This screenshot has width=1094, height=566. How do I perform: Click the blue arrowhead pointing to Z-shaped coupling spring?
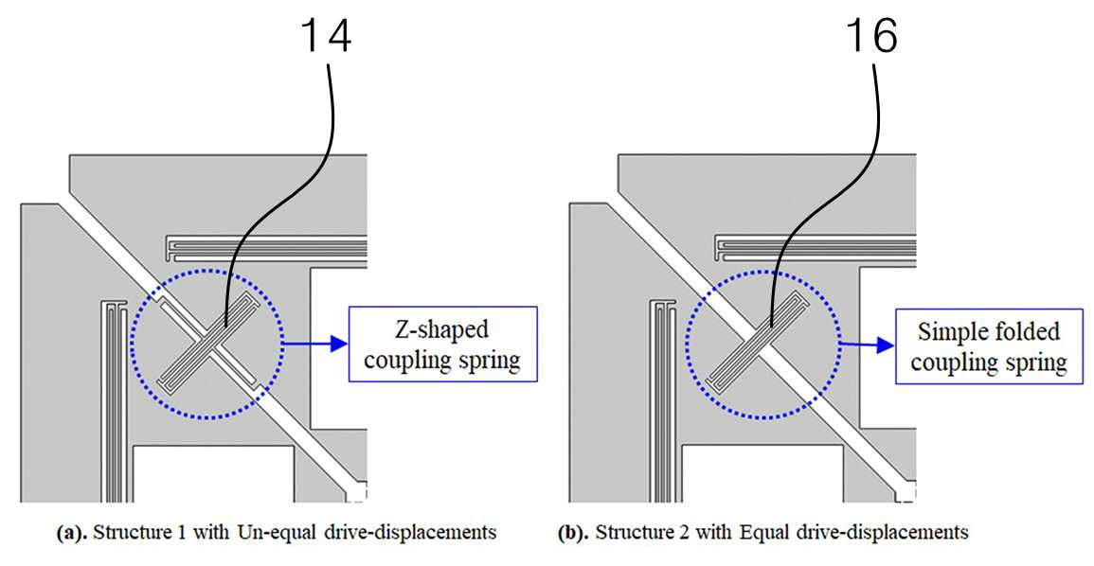click(x=340, y=343)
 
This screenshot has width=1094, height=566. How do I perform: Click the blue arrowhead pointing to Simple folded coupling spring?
click(x=887, y=343)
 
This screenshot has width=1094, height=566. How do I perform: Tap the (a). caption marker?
click(x=72, y=533)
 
